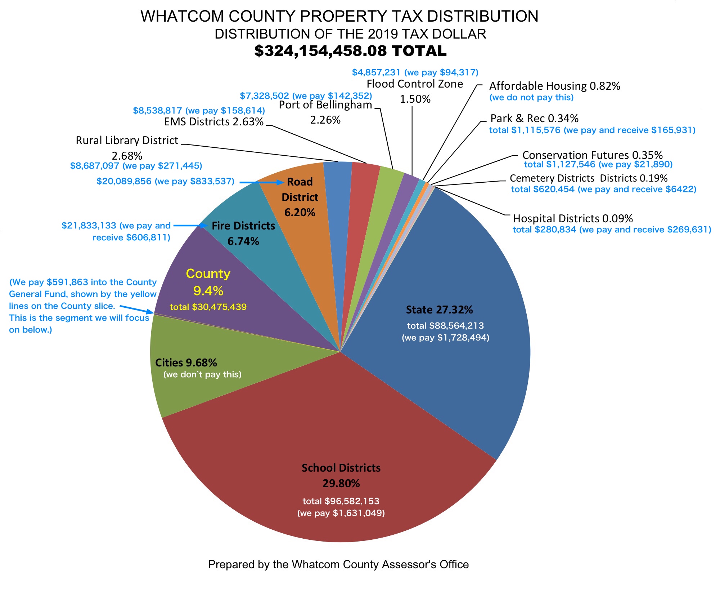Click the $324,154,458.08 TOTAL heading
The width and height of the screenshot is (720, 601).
click(350, 51)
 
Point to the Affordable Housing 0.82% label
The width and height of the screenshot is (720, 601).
click(554, 86)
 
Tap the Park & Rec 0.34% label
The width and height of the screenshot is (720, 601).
click(534, 119)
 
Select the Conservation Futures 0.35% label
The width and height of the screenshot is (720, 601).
click(592, 155)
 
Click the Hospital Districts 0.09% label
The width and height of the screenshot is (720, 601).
click(573, 218)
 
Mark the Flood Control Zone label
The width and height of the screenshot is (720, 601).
click(415, 84)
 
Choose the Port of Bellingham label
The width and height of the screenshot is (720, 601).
click(325, 105)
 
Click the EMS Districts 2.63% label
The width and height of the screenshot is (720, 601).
click(213, 122)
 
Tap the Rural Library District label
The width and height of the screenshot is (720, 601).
click(127, 141)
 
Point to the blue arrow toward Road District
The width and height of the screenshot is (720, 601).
click(261, 183)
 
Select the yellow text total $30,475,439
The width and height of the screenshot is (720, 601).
click(208, 307)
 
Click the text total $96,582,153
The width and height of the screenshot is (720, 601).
click(341, 501)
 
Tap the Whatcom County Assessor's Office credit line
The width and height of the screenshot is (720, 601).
click(338, 564)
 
